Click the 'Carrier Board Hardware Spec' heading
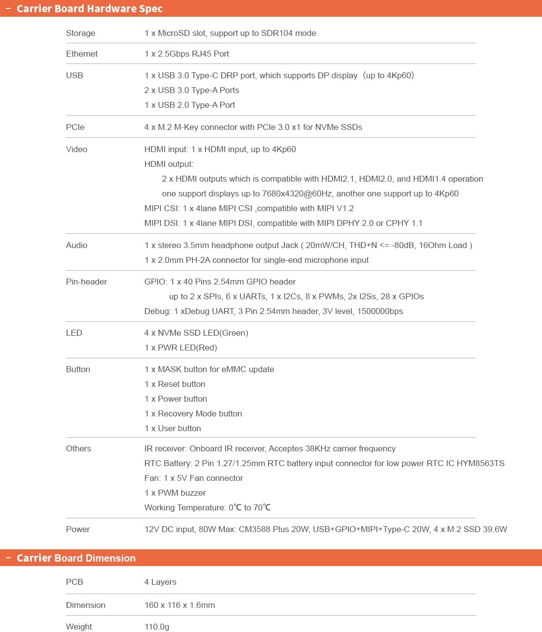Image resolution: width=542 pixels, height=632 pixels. point(89,9)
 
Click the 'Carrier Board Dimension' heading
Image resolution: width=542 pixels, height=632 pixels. point(76,558)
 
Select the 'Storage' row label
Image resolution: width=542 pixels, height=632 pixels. point(81,33)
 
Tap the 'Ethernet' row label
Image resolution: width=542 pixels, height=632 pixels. point(82,54)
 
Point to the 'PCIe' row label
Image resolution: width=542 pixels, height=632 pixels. point(75,127)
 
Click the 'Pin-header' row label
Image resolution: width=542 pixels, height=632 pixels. point(86,282)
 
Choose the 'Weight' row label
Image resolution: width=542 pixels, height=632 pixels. point(79,627)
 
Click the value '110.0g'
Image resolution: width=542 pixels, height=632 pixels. point(157,627)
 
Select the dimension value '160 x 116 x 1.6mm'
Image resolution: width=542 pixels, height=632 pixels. point(179,605)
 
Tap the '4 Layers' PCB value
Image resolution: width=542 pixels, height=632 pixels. point(160,582)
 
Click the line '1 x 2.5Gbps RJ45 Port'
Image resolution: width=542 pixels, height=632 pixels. point(187,54)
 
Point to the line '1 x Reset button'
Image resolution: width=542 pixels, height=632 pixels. point(175,384)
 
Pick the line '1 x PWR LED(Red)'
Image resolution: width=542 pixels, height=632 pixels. point(181,348)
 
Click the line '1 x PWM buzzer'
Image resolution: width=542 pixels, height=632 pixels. point(175,493)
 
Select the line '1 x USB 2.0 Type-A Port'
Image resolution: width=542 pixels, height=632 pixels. point(190,105)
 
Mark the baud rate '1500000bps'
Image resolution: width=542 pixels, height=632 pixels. point(380,311)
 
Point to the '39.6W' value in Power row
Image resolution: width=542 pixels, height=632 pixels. point(495,529)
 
